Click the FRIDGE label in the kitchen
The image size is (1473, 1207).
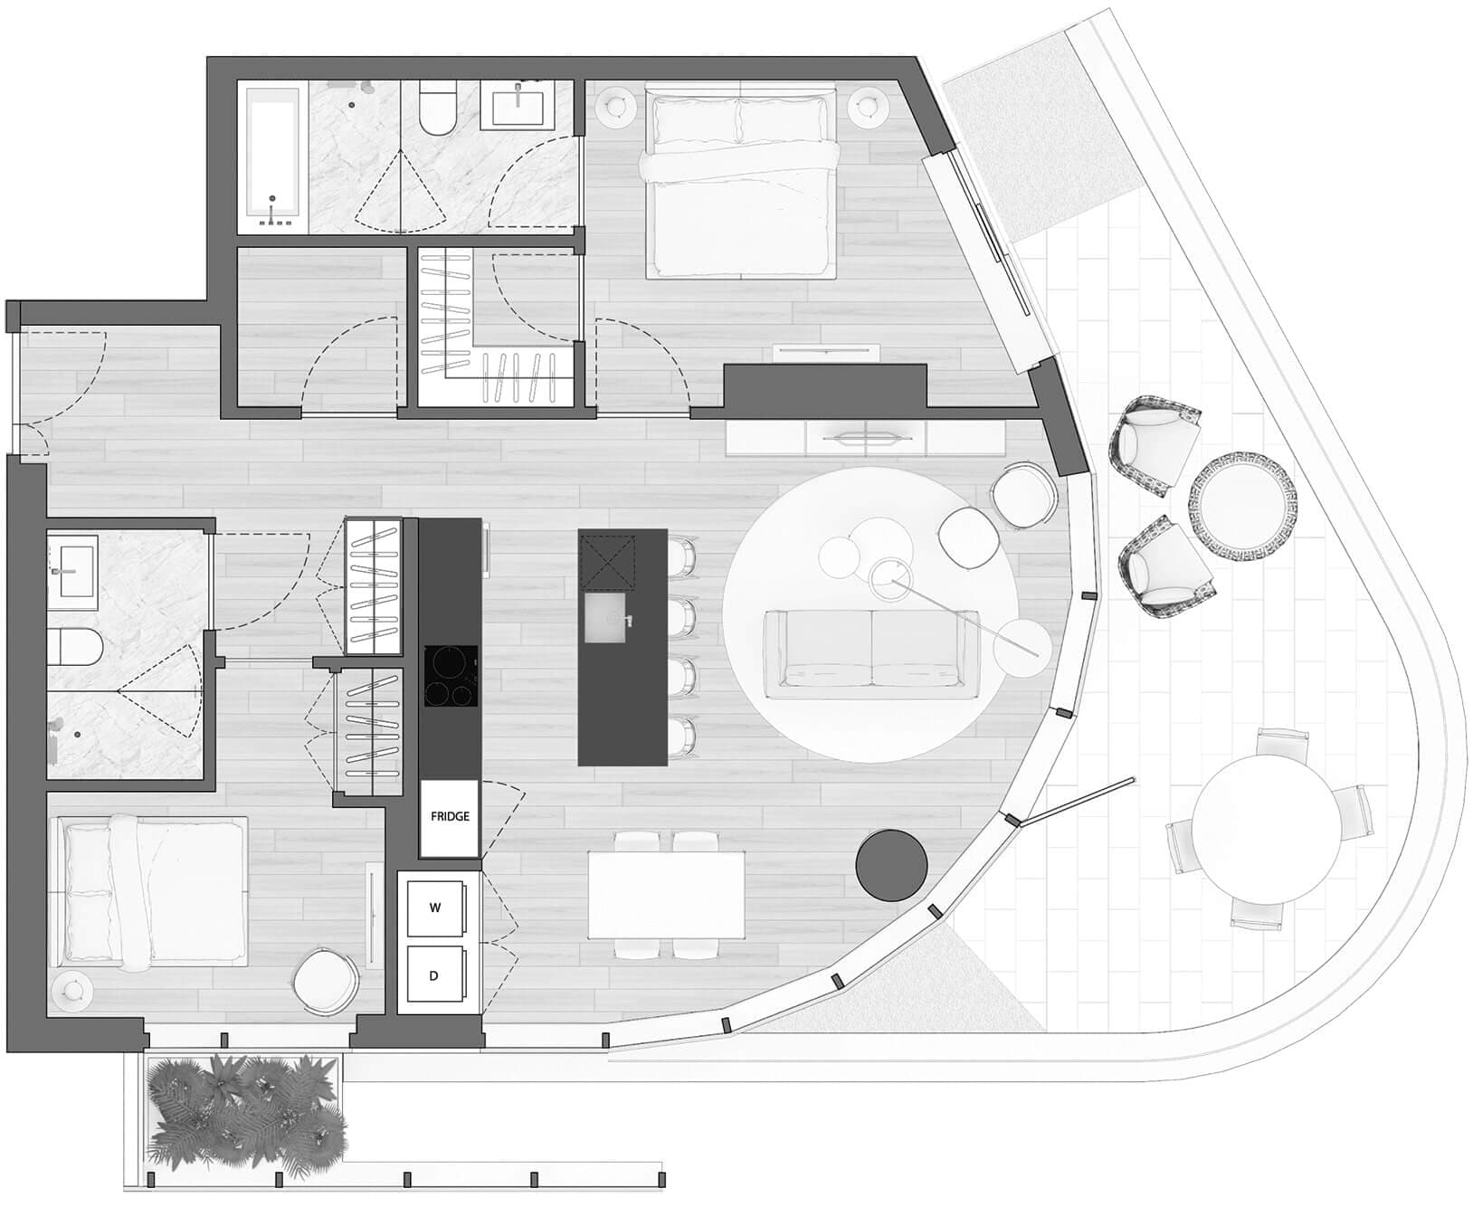click(450, 816)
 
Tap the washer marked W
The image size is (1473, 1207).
click(435, 908)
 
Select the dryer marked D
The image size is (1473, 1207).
click(435, 975)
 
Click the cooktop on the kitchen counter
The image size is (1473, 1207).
click(451, 676)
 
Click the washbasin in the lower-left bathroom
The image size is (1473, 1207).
click(72, 567)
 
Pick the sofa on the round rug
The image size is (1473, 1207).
click(872, 653)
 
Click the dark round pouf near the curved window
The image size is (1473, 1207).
click(892, 865)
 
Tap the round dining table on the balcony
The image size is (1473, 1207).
click(1267, 830)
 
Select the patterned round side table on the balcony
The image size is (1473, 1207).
click(1242, 498)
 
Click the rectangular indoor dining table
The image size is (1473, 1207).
click(666, 894)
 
